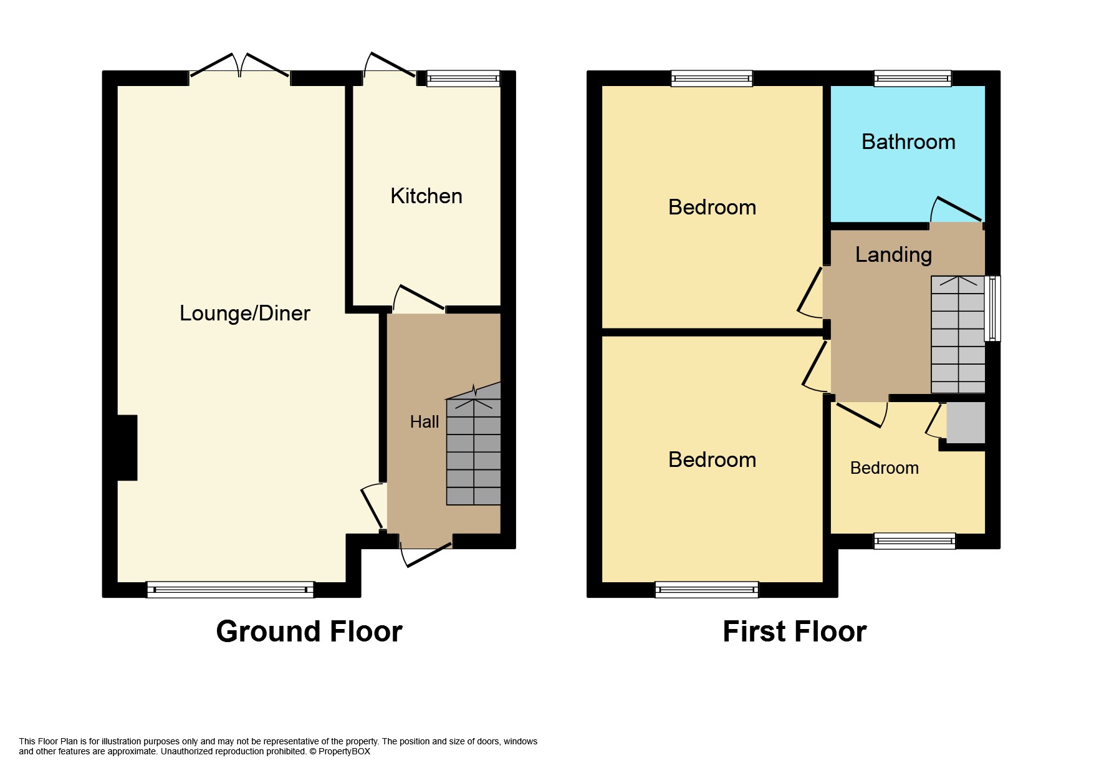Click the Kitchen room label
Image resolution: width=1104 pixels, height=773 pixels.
click(x=426, y=196)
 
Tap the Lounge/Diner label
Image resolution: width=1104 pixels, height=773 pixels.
click(x=245, y=313)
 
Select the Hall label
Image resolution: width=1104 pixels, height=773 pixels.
click(x=425, y=422)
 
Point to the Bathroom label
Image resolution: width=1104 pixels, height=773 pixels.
click(x=908, y=142)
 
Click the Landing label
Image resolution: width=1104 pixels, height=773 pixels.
click(x=893, y=255)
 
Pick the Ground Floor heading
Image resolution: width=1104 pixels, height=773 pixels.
click(x=309, y=631)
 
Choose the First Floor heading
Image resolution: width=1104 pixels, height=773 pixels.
click(x=795, y=631)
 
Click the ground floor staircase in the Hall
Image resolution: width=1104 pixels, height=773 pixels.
click(x=474, y=444)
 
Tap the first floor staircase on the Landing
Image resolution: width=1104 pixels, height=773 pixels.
click(x=958, y=335)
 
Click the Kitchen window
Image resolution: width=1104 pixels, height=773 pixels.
click(x=463, y=79)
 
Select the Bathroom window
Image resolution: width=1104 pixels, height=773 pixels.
click(x=913, y=79)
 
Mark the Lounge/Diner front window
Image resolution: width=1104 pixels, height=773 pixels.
click(x=231, y=590)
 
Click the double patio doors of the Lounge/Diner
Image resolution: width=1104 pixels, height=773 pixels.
click(x=240, y=65)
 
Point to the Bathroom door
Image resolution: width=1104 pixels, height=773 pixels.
click(x=957, y=210)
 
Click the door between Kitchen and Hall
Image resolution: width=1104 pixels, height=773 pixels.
click(x=419, y=298)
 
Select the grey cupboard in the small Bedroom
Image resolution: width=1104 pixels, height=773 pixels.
click(x=966, y=423)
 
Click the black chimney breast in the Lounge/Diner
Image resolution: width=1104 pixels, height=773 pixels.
click(x=127, y=448)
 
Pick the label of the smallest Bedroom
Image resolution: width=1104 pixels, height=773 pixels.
click(x=885, y=468)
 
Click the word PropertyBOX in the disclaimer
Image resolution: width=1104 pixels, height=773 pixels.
click(x=344, y=752)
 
